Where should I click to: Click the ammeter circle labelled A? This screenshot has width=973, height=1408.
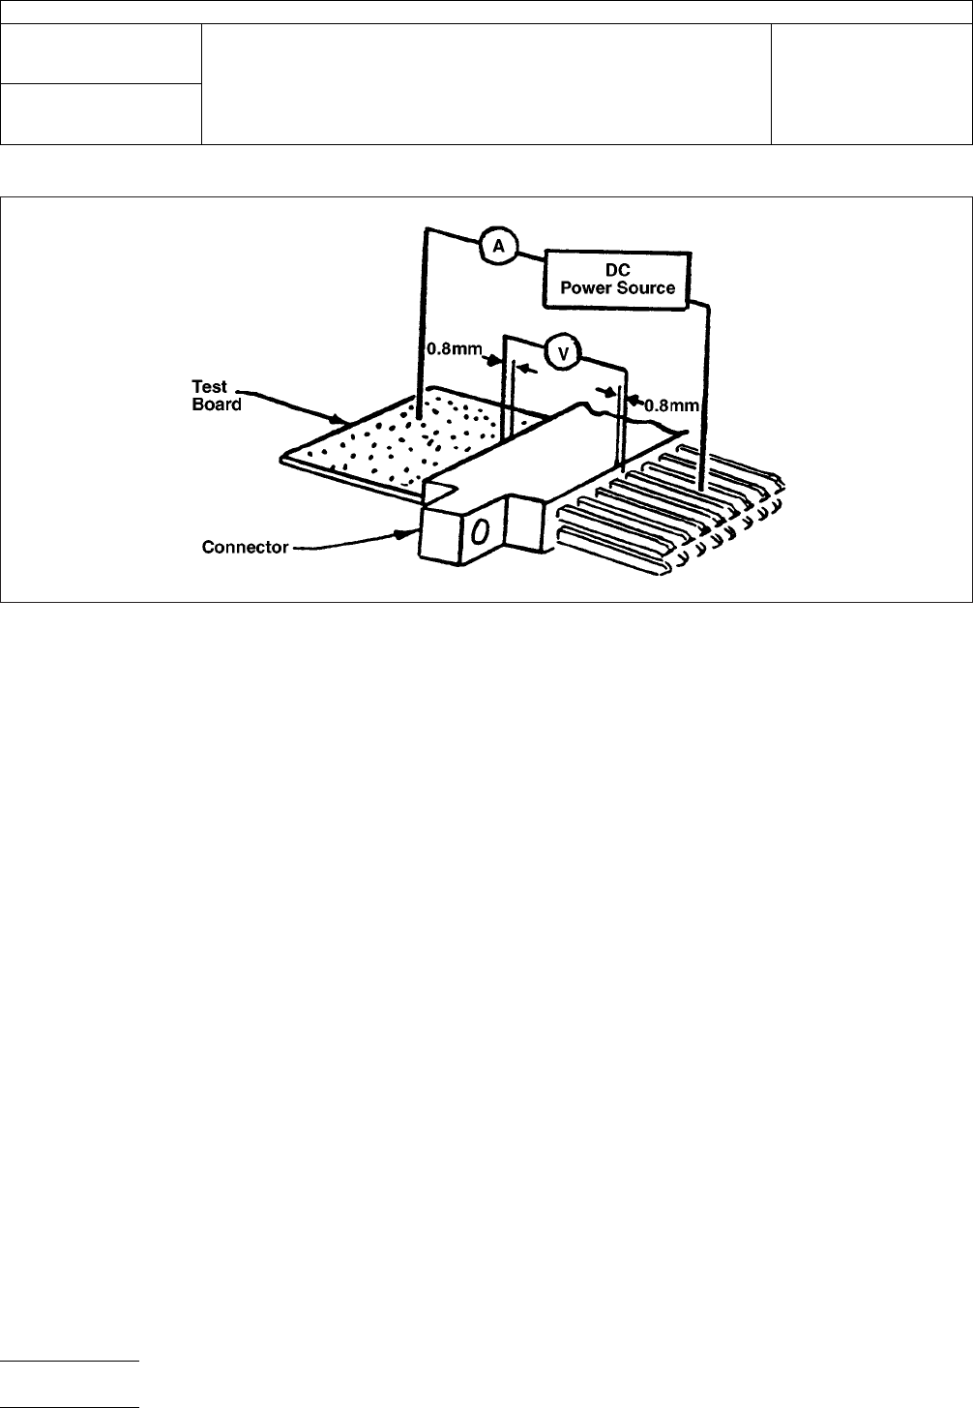[499, 247]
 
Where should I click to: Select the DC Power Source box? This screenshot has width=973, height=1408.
[618, 280]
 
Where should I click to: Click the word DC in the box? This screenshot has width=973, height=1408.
[618, 271]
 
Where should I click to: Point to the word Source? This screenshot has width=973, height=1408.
[649, 288]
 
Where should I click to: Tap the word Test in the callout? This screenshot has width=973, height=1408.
[209, 388]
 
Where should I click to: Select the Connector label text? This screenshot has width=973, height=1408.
[245, 548]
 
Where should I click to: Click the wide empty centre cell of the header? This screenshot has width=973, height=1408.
[486, 84]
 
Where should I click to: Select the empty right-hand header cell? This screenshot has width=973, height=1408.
[870, 84]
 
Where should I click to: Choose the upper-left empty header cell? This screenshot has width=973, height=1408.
[101, 54]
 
